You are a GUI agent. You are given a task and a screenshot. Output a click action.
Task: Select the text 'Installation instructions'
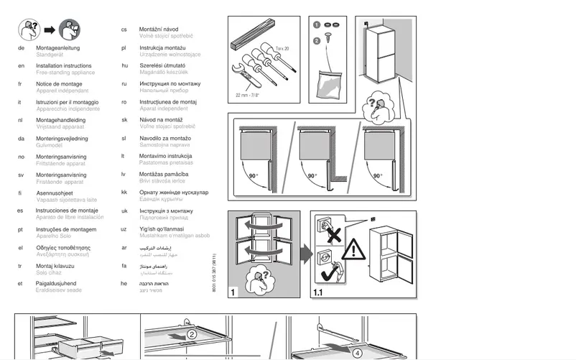coord(63,65)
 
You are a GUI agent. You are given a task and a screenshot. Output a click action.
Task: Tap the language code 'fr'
coord(21,84)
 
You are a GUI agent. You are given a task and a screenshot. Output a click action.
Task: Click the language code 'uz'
coord(124,229)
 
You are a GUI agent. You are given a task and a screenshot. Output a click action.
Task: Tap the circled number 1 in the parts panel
coord(316,25)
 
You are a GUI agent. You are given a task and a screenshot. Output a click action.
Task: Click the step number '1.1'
coord(319,292)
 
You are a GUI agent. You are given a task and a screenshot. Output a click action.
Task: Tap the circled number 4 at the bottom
coord(358,352)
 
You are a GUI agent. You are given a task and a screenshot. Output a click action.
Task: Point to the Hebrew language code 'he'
coord(124,283)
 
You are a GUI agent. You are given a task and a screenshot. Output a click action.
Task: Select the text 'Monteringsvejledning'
coord(62,138)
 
